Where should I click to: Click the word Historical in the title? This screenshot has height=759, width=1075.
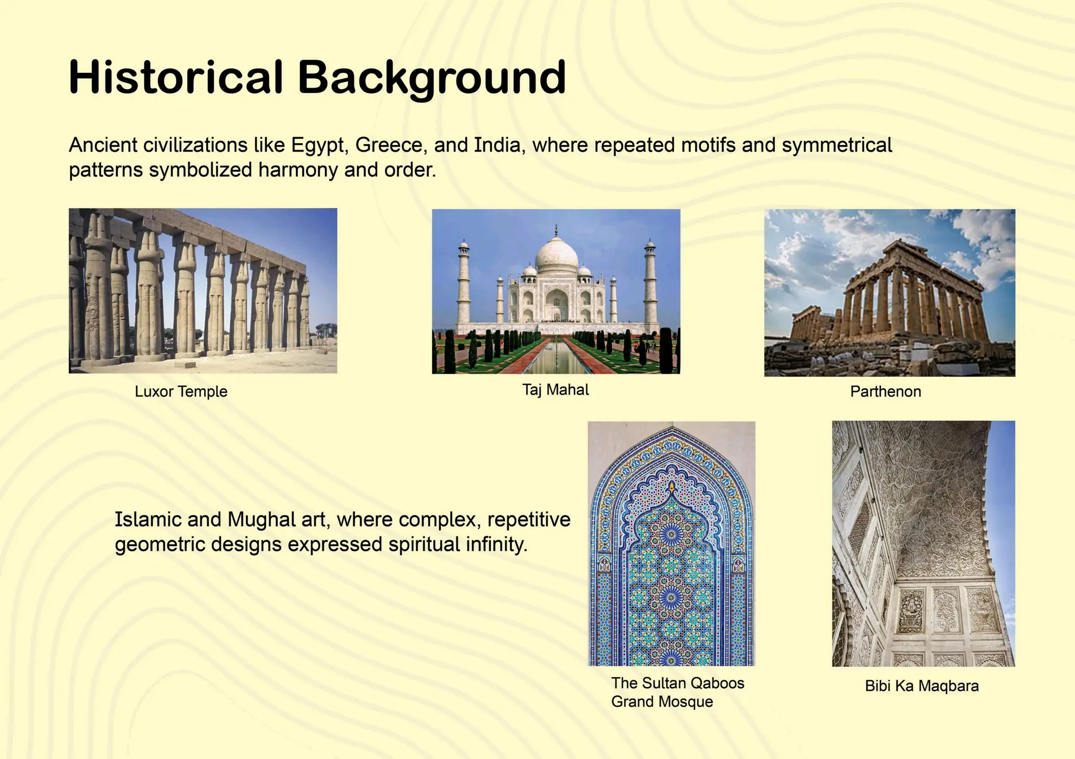pyautogui.click(x=176, y=78)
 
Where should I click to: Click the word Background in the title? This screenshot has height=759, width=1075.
pyautogui.click(x=431, y=78)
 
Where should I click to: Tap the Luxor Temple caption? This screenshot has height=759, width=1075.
pyautogui.click(x=181, y=391)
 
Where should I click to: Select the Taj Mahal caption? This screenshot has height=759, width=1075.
pyautogui.click(x=555, y=390)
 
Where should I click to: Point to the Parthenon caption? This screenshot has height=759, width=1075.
pyautogui.click(x=886, y=391)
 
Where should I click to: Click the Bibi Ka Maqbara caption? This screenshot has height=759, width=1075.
pyautogui.click(x=922, y=686)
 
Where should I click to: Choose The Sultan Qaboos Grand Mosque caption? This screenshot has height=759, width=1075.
pyautogui.click(x=677, y=692)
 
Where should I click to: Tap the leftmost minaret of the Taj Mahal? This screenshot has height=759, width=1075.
pyautogui.click(x=463, y=283)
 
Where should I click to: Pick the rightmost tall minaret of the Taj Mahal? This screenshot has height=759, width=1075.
pyautogui.click(x=650, y=283)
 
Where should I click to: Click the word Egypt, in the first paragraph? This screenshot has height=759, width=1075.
pyautogui.click(x=320, y=145)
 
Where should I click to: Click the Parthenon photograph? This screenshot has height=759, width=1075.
pyautogui.click(x=889, y=293)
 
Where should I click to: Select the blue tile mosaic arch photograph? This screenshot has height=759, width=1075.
pyautogui.click(x=671, y=543)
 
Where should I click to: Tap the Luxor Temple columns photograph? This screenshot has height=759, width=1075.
pyautogui.click(x=203, y=291)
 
